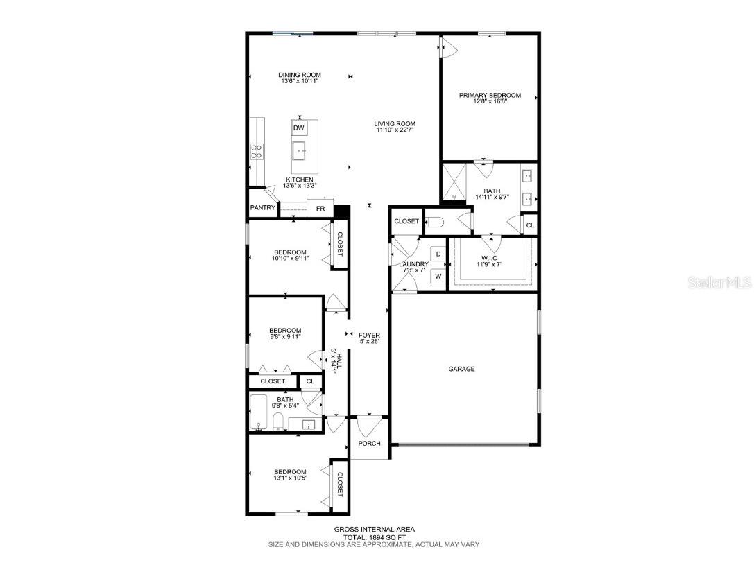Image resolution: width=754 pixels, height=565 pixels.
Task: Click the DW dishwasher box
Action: coord(299,128)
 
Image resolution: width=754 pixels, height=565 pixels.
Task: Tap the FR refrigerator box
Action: coord(320,209)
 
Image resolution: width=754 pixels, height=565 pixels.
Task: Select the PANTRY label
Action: coord(263,207)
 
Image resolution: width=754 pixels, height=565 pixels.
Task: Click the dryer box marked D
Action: coord(438,254)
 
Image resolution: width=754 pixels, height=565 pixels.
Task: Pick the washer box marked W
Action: coord(438,276)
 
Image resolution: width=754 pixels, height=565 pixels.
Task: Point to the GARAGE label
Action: coord(462,369)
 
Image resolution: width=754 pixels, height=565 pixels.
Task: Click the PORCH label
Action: coord(369,444)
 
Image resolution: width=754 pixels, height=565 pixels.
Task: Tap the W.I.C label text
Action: coord(489,258)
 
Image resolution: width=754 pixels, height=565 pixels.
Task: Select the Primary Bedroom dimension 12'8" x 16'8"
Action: coord(490,102)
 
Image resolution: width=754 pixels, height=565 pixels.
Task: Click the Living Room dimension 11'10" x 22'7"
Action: coord(395,130)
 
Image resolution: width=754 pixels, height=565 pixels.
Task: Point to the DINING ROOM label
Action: coord(300,75)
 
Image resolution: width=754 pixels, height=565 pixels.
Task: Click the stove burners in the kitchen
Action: coord(257,152)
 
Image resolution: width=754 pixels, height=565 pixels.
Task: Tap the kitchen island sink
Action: coord(299,151)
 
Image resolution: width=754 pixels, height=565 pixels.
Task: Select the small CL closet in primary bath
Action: coord(530,225)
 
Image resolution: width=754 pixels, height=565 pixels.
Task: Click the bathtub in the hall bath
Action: coord(259,412)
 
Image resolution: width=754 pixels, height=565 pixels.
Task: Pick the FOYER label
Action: coord(369,336)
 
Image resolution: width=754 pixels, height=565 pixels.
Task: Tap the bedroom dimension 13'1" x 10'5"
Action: coord(290,478)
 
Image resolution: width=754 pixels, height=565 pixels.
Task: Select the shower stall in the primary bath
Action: coord(454,182)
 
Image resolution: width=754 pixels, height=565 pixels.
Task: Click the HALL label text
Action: coord(339,360)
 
